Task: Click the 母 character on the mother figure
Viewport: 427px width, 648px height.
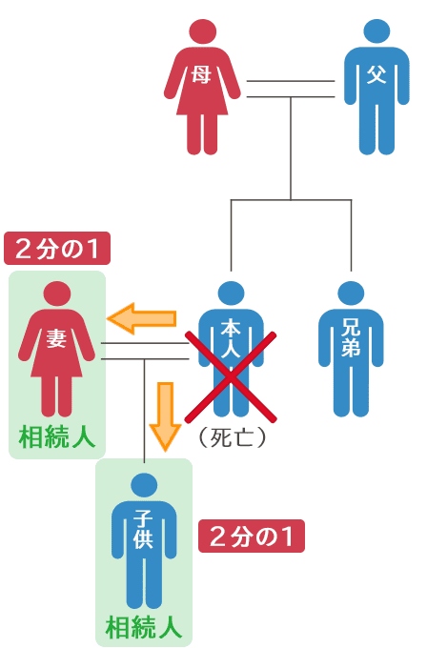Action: [201, 75]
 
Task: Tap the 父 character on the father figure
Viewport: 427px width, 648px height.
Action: [376, 74]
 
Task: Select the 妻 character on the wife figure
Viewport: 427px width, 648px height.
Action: [56, 338]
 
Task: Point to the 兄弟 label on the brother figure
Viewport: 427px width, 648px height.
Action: [351, 338]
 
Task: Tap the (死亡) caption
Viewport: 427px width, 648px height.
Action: [232, 437]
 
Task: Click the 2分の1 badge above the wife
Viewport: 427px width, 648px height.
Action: [57, 249]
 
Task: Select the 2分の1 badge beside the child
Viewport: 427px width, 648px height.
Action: [252, 536]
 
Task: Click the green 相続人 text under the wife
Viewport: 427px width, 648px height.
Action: [57, 437]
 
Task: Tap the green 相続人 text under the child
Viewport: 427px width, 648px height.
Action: [144, 627]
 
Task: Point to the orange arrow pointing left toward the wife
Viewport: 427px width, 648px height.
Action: [141, 318]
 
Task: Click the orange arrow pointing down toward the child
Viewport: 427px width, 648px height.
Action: [165, 416]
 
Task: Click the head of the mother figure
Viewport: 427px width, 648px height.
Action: [203, 32]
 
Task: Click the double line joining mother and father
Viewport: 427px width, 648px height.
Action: [291, 89]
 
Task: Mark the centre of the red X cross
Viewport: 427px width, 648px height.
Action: [231, 377]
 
